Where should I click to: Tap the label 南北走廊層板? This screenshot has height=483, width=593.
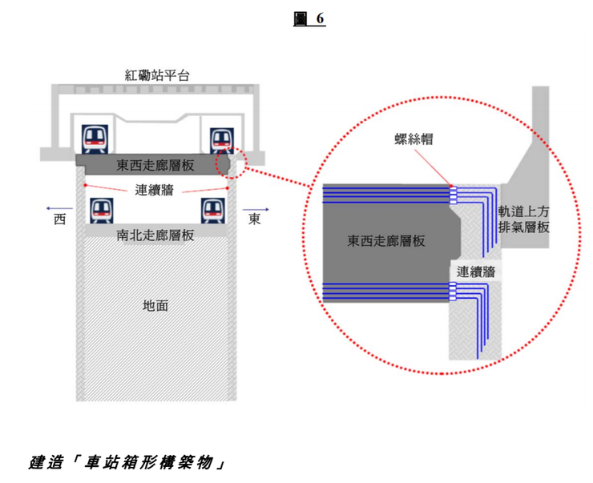[x=155, y=235]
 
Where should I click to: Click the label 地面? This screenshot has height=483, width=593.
[x=155, y=305]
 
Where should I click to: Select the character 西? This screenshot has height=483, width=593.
[x=59, y=219]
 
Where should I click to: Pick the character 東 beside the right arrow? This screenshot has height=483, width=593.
[x=254, y=219]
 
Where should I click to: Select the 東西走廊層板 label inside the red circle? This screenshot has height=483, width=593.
[x=386, y=239]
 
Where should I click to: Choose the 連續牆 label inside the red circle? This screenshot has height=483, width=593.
[x=476, y=272]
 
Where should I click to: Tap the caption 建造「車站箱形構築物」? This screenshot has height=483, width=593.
[x=126, y=463]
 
